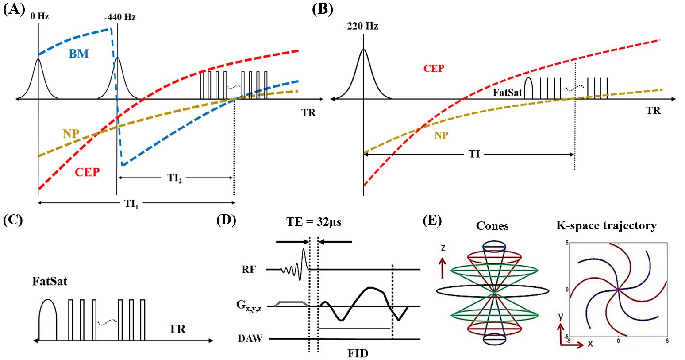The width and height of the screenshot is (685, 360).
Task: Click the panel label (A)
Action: [13, 10]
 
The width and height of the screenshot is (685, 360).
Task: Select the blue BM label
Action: [79, 54]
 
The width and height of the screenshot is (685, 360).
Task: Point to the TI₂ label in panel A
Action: [173, 178]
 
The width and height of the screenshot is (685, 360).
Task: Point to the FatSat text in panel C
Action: [49, 281]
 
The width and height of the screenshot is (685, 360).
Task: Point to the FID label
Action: [358, 353]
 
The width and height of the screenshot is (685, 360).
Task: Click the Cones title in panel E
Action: [492, 226]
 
